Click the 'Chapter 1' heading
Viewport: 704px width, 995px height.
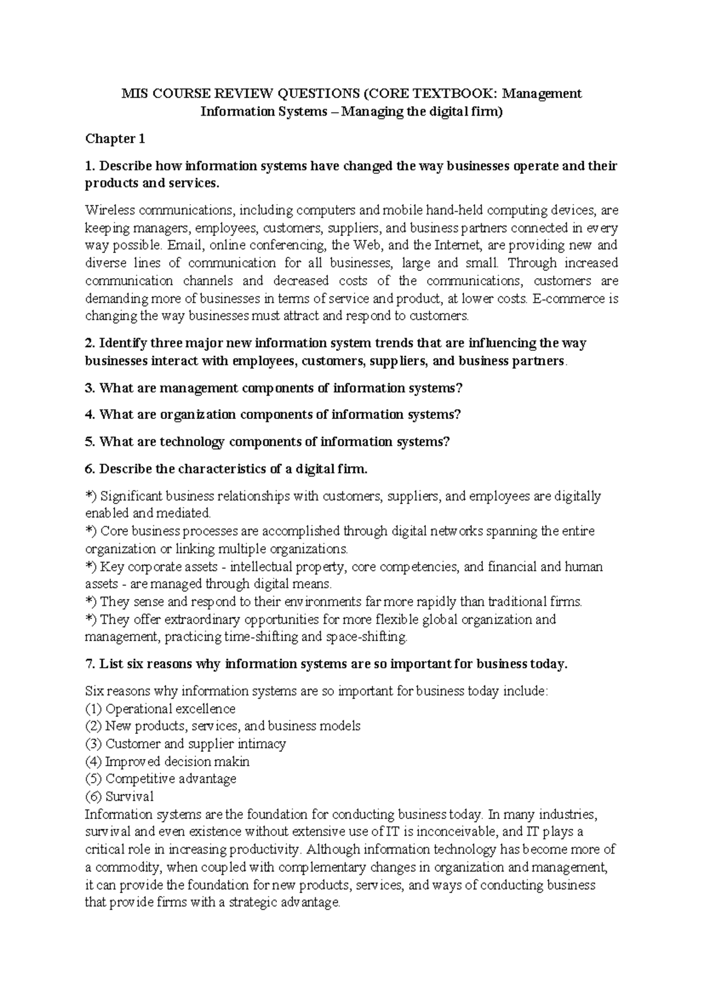click(114, 139)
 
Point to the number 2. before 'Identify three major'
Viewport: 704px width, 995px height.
click(90, 343)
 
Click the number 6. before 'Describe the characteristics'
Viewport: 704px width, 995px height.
click(90, 469)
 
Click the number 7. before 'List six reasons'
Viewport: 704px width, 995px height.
click(90, 664)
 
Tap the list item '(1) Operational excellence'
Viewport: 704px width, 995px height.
click(160, 709)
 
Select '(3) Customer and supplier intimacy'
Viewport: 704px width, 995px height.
click(185, 744)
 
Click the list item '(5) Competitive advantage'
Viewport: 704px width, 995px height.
click(161, 779)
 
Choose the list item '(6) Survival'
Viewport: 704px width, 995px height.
click(119, 797)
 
